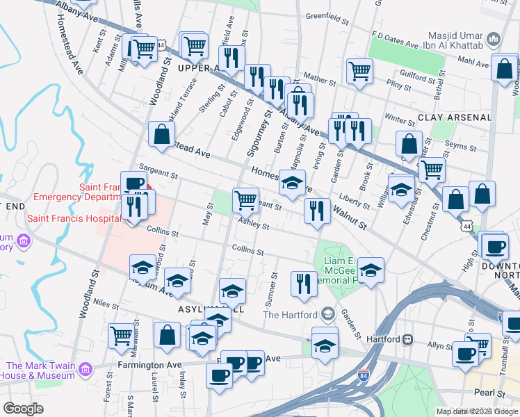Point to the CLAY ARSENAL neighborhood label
(455, 118)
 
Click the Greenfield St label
(327, 16)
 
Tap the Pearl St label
(491, 393)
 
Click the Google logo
(23, 409)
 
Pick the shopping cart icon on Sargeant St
(245, 200)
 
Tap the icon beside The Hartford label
(328, 315)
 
